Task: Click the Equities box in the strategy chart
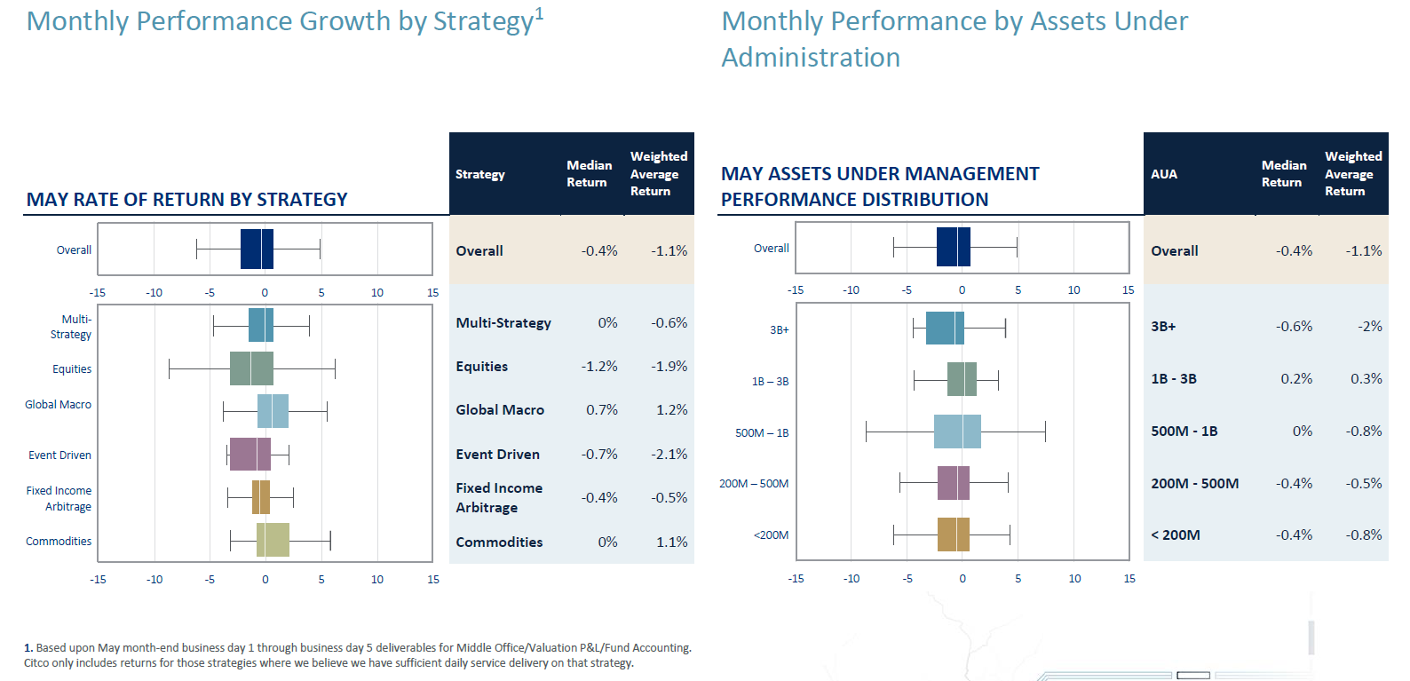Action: pyautogui.click(x=251, y=368)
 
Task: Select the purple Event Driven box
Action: pyautogui.click(x=250, y=454)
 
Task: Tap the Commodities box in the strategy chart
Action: pyautogui.click(x=273, y=540)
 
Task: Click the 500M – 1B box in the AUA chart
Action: pyautogui.click(x=957, y=432)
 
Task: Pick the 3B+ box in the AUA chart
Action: pyautogui.click(x=945, y=328)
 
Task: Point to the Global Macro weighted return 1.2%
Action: pyautogui.click(x=671, y=410)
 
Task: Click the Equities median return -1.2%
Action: pyautogui.click(x=599, y=367)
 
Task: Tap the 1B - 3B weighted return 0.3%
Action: pyautogui.click(x=1366, y=379)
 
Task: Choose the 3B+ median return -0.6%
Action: pyautogui.click(x=1294, y=327)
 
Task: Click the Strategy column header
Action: pyautogui.click(x=480, y=175)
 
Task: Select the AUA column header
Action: pyautogui.click(x=1164, y=175)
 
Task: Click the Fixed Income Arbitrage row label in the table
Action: pyautogui.click(x=499, y=498)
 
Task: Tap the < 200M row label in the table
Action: pyautogui.click(x=1176, y=535)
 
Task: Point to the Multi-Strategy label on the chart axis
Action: pyautogui.click(x=72, y=327)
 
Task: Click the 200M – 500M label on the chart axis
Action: pyautogui.click(x=754, y=484)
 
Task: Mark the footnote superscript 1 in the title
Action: pyautogui.click(x=539, y=13)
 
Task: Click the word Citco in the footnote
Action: pyautogui.click(x=36, y=663)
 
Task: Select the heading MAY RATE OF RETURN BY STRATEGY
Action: pyautogui.click(x=187, y=200)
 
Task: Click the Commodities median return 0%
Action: pyautogui.click(x=607, y=542)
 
